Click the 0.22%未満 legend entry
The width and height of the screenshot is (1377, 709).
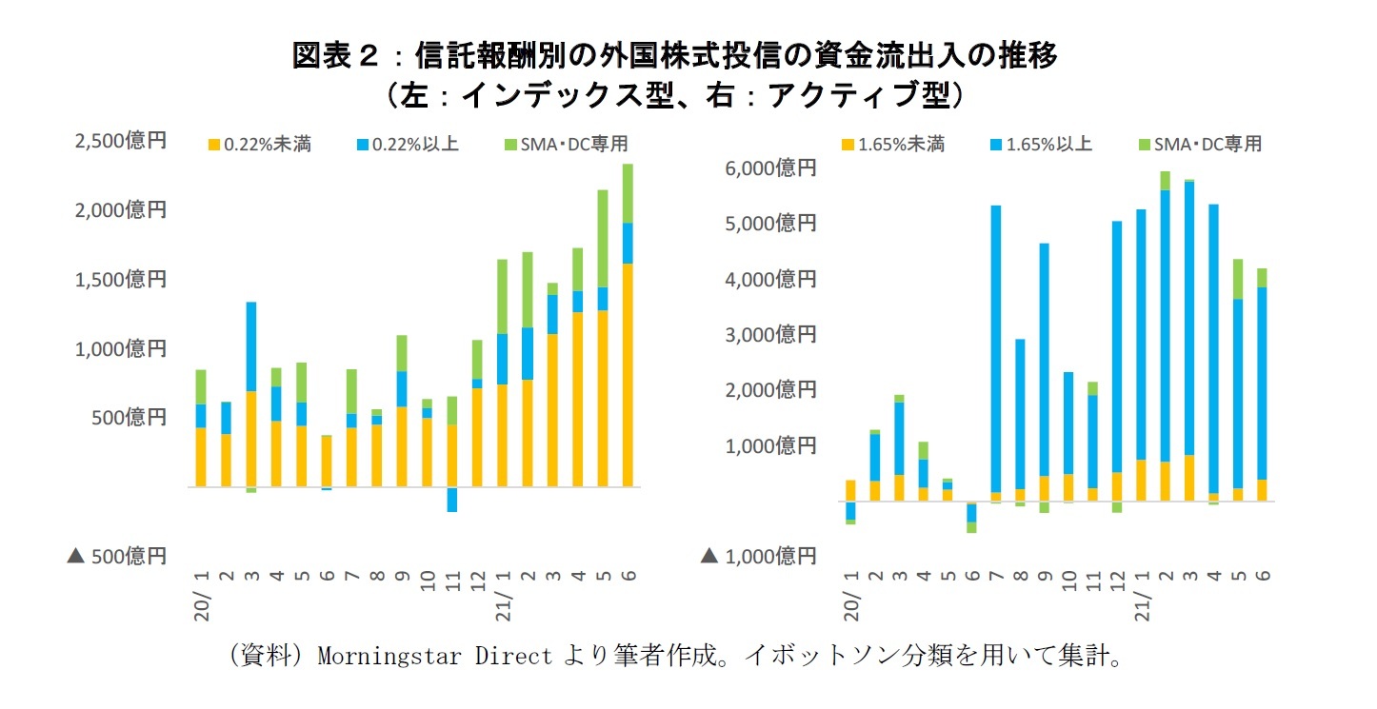[x=259, y=145]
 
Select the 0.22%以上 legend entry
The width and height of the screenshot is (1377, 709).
[x=407, y=145]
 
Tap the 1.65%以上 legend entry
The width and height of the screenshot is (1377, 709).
[x=1041, y=145]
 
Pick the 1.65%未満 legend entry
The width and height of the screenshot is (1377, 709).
[x=892, y=145]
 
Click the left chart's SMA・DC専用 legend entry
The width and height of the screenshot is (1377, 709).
[x=567, y=145]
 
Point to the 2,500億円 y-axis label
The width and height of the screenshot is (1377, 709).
[x=120, y=141]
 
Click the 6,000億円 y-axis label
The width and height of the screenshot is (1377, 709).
[x=771, y=168]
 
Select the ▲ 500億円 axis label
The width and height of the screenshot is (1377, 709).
[x=116, y=555]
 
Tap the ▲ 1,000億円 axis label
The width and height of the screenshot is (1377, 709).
[x=760, y=555]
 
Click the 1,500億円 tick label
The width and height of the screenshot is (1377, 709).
[x=120, y=279]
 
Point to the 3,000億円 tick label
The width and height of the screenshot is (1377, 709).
[x=771, y=334]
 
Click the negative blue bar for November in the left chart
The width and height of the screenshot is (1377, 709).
[x=452, y=500]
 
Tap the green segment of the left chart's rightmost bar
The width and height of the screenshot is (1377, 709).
[x=627, y=193]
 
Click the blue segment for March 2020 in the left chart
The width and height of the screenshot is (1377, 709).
[x=250, y=346]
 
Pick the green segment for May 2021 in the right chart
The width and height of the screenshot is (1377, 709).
[x=1238, y=279]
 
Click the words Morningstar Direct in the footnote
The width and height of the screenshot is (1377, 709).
[x=433, y=657]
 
